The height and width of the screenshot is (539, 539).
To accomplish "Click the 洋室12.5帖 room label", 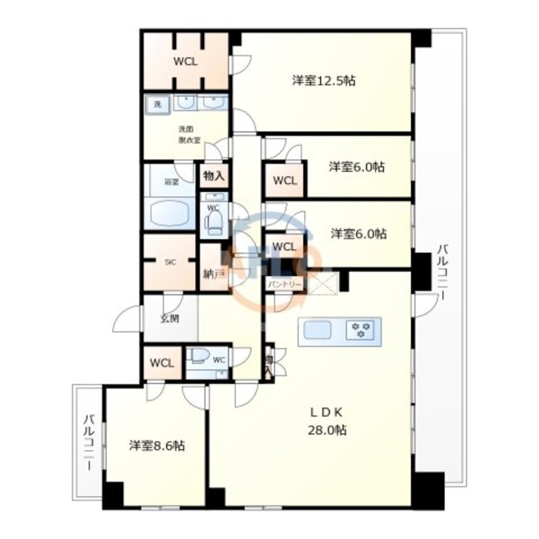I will pyautogui.click(x=323, y=81).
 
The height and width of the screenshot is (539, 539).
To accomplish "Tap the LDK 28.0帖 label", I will pyautogui.click(x=327, y=421).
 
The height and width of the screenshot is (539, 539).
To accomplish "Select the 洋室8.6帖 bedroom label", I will pyautogui.click(x=157, y=446).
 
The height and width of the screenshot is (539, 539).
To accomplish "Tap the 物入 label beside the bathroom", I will pyautogui.click(x=214, y=176).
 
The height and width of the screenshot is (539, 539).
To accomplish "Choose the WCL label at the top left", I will pyautogui.click(x=185, y=61).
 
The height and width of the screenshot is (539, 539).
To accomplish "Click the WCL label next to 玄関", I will pyautogui.click(x=162, y=362).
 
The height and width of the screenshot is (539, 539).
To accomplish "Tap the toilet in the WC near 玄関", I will pyautogui.click(x=200, y=356).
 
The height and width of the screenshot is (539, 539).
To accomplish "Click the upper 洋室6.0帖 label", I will pyautogui.click(x=357, y=167).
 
